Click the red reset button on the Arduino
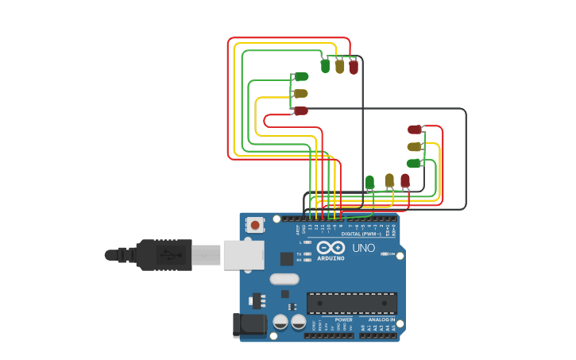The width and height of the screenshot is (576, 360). [254, 225]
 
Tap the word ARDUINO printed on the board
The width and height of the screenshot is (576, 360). [331, 258]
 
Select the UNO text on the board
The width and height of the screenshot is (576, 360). [363, 249]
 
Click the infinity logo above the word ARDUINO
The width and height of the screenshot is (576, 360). [331, 247]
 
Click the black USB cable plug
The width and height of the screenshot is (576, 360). [164, 255]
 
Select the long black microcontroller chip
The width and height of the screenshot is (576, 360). [351, 303]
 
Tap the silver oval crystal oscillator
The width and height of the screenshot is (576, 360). [284, 279]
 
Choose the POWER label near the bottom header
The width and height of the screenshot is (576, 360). [343, 320]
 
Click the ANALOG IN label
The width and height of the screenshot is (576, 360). [381, 320]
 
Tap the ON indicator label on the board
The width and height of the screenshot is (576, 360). [392, 254]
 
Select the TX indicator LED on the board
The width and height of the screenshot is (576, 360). [307, 254]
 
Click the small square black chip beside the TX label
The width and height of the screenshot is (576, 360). [287, 258]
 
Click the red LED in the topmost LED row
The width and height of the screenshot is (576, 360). [354, 67]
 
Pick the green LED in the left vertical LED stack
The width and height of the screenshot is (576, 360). [302, 76]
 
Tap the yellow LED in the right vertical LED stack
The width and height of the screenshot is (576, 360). [414, 146]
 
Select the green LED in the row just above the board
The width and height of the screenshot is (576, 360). [369, 182]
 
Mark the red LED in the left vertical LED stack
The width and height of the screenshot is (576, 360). [301, 110]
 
